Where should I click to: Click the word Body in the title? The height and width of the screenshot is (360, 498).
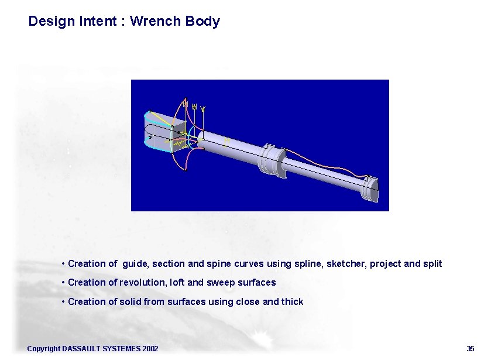pyautogui.click(x=202, y=22)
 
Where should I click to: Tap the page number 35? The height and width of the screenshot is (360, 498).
pyautogui.click(x=470, y=349)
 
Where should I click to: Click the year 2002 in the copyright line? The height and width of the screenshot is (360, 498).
pyautogui.click(x=150, y=349)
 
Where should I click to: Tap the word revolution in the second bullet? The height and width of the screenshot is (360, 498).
pyautogui.click(x=142, y=283)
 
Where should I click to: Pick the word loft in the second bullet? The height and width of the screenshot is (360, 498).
pyautogui.click(x=178, y=283)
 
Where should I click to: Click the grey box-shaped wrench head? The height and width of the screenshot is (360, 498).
pyautogui.click(x=164, y=132)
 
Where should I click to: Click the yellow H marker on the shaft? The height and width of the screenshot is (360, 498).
pyautogui.click(x=227, y=140)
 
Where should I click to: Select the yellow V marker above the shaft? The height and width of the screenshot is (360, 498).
pyautogui.click(x=203, y=108)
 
